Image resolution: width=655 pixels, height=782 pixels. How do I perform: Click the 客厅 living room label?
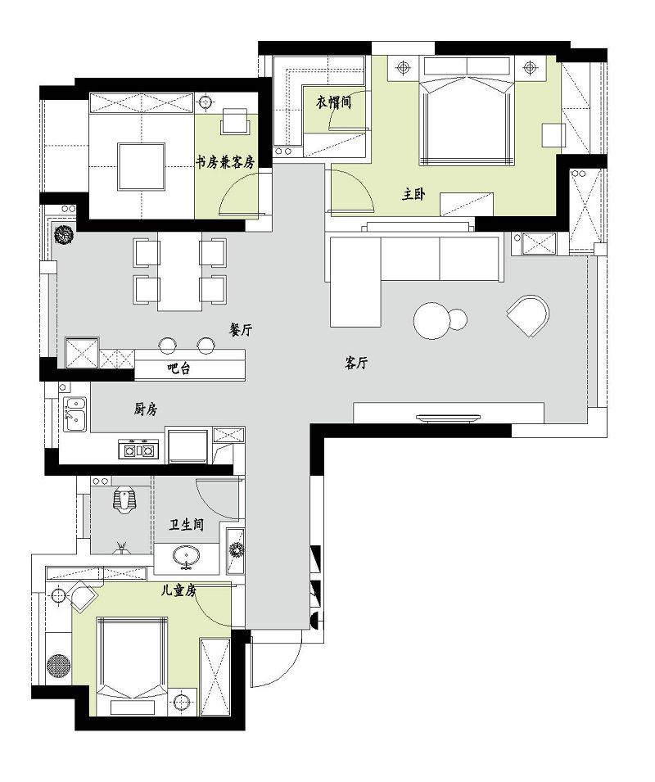pos(355,364)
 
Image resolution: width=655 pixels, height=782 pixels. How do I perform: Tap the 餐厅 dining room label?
pos(241,329)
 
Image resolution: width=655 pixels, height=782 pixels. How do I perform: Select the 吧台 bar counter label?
pos(178,369)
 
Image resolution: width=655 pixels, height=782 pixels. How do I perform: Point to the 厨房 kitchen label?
pos(145,409)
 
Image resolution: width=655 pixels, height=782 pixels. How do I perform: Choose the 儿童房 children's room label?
pos(178,589)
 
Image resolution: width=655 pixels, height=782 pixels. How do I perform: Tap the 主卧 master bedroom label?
pos(413,194)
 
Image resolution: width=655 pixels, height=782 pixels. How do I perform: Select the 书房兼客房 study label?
pos(225,162)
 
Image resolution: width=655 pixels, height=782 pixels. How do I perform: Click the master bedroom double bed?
pos(468,119)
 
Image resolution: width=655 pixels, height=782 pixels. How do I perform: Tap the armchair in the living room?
pos(528,315)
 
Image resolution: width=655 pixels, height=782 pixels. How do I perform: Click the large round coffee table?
pos(431,320)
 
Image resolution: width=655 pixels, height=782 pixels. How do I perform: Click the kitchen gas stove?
pos(138,449)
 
